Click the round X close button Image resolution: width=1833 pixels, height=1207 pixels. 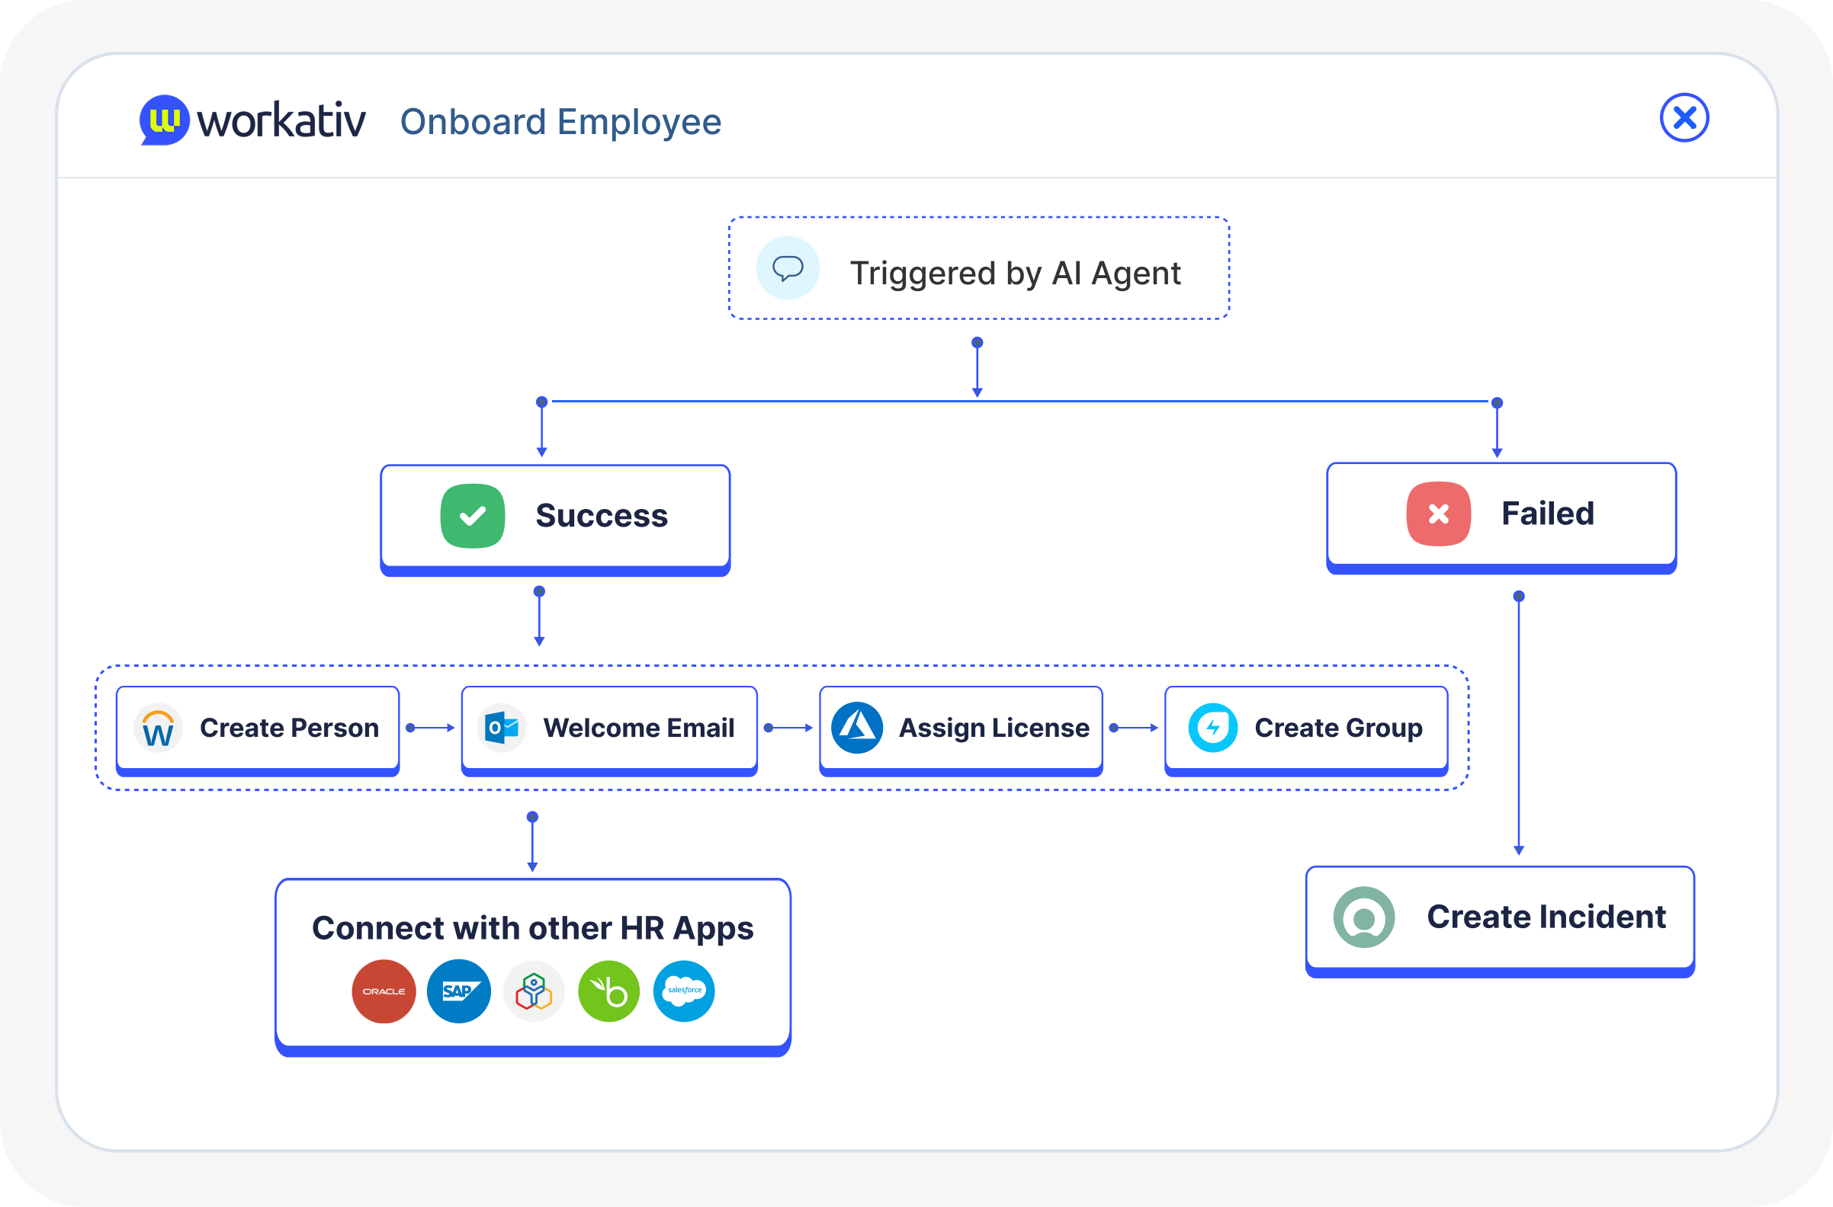[1684, 118]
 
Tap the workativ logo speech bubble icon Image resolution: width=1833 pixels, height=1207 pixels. [164, 120]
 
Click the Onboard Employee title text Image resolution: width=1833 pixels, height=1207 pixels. [560, 122]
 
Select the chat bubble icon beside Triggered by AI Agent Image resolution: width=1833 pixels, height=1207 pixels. [787, 268]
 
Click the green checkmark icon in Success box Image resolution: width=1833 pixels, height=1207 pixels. [472, 516]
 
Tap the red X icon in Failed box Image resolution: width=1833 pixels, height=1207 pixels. [1438, 514]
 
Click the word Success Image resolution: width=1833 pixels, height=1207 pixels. [602, 516]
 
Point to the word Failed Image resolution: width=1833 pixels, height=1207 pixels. [1547, 514]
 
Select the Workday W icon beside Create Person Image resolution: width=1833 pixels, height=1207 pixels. [158, 728]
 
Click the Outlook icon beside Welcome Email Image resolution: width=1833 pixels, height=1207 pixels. [502, 728]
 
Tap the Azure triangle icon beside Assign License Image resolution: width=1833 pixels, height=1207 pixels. [856, 728]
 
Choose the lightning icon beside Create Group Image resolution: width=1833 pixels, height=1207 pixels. [1212, 728]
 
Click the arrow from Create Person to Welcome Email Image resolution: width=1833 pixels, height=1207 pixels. [431, 728]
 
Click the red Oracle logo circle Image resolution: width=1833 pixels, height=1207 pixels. [384, 991]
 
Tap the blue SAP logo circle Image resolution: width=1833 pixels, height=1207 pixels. [459, 991]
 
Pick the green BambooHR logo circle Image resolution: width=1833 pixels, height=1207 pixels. [608, 991]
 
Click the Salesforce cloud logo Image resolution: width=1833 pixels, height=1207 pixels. [684, 991]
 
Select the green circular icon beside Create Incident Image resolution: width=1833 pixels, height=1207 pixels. [1363, 917]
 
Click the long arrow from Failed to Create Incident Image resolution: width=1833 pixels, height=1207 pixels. [1518, 724]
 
